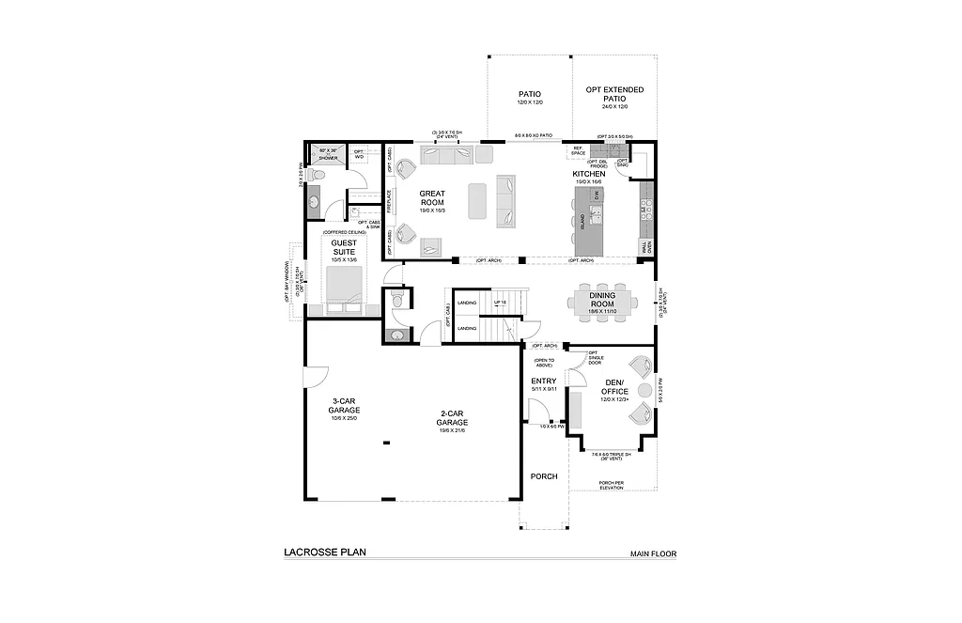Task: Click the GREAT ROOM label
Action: (x=432, y=198)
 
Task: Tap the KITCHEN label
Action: (x=589, y=174)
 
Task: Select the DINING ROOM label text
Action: (x=602, y=300)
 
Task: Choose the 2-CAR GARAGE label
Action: (x=451, y=418)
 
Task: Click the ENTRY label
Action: (x=544, y=381)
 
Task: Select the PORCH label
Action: (x=543, y=476)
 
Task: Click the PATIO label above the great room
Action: (x=530, y=94)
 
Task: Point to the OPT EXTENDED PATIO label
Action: (x=614, y=94)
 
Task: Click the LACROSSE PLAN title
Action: (x=325, y=553)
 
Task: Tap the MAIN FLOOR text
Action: (x=653, y=554)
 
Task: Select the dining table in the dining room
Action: (x=602, y=302)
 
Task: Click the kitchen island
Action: (x=587, y=222)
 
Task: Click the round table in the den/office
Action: (x=644, y=390)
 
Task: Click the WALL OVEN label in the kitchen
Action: (x=644, y=246)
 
